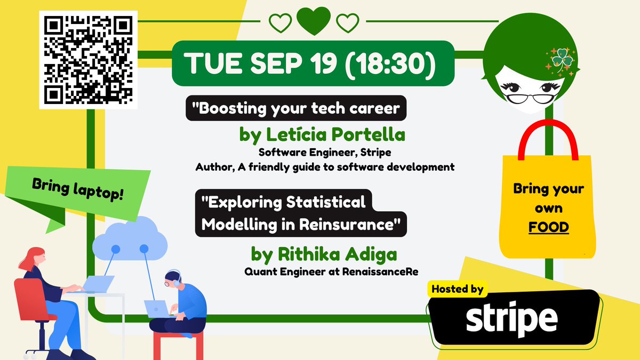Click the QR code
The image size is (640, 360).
[x=88, y=59]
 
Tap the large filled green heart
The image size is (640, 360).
[x=314, y=22]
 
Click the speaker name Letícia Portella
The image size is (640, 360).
[x=322, y=135]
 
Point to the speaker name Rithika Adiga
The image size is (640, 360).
[x=324, y=254]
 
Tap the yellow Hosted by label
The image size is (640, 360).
[x=457, y=289]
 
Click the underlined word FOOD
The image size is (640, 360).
[x=548, y=228]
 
